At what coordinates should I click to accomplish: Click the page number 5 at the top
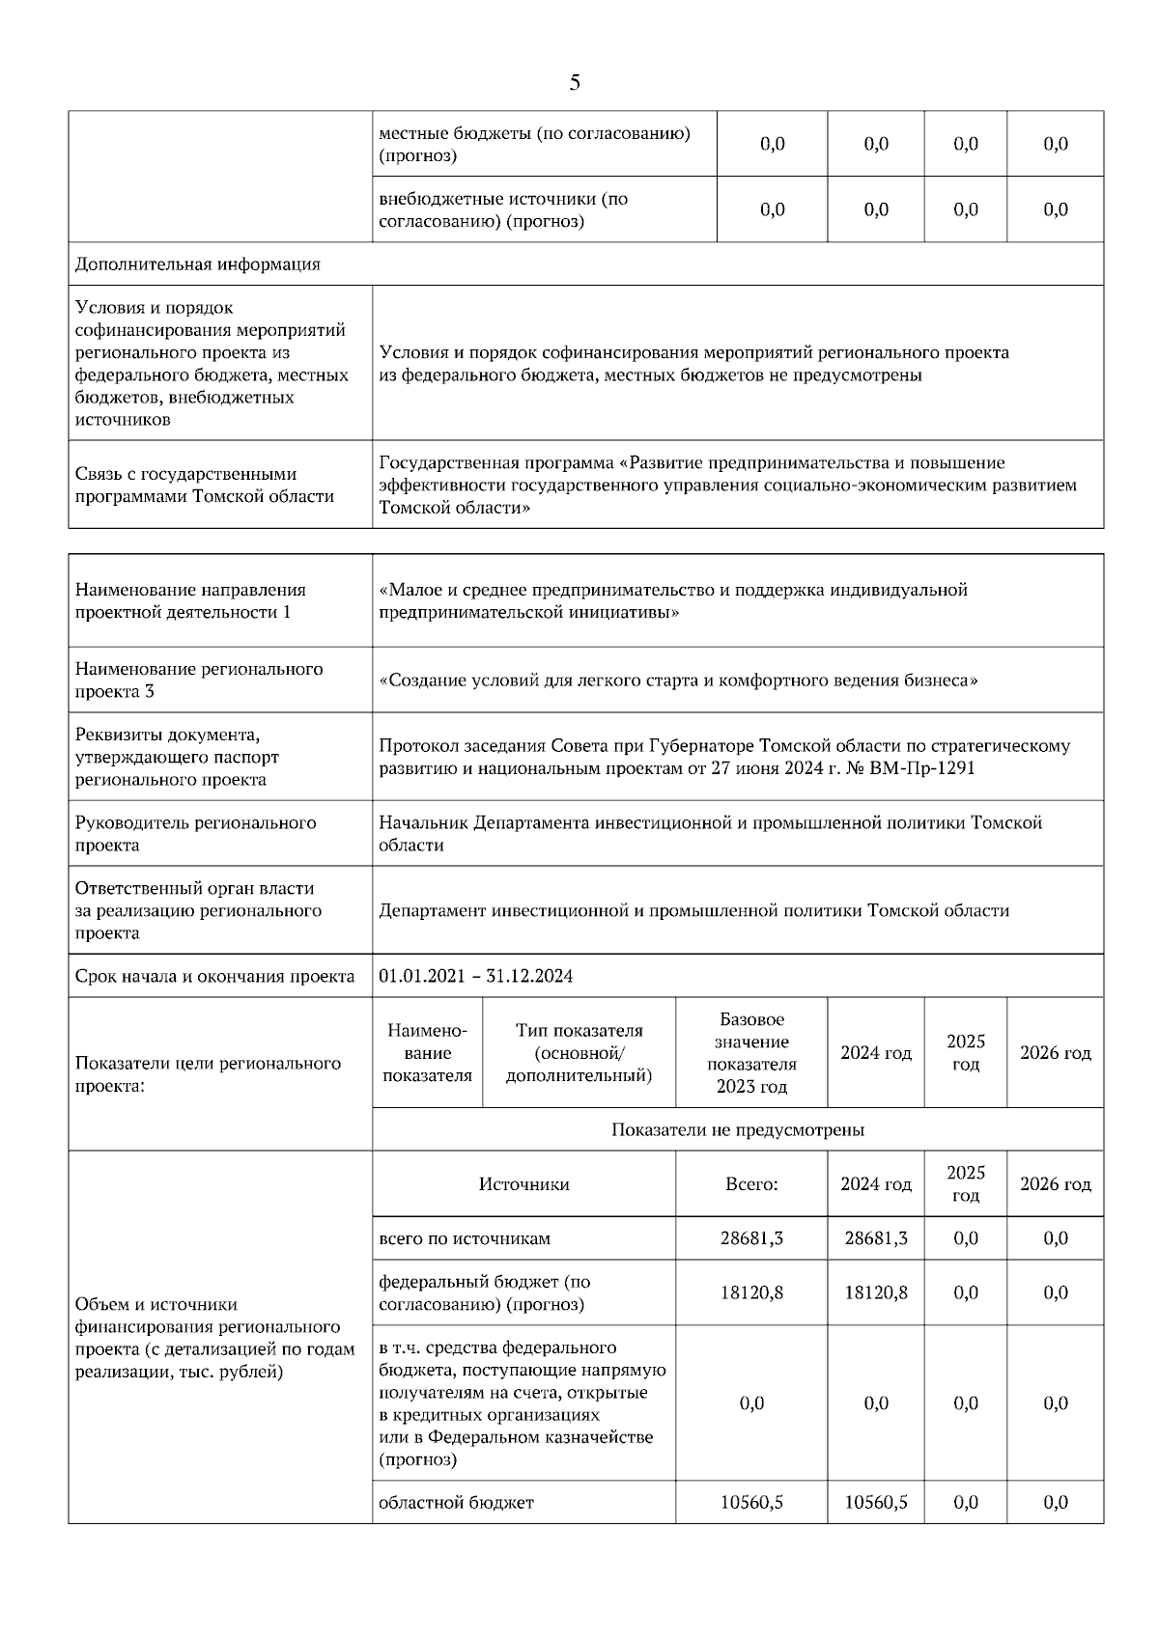point(575,83)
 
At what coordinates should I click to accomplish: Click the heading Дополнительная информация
point(198,264)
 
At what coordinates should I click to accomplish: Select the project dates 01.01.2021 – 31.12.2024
point(476,976)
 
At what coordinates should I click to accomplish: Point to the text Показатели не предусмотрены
point(737,1129)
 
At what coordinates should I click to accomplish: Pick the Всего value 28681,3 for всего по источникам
point(751,1238)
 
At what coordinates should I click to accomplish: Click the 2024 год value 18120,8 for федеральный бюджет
point(875,1292)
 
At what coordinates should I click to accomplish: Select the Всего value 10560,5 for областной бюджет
point(751,1502)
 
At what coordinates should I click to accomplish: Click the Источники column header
point(523,1184)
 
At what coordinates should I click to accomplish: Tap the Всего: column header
point(751,1184)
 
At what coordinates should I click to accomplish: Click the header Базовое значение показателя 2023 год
point(751,1053)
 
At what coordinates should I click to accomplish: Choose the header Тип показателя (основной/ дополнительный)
point(579,1053)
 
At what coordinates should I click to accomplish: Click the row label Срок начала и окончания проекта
point(215,976)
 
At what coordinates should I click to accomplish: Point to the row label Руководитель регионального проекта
point(196,834)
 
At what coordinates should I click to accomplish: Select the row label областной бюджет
point(456,1502)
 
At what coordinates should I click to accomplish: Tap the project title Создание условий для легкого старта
point(679,681)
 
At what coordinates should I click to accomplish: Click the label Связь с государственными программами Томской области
point(205,485)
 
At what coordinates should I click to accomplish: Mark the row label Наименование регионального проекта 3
point(199,680)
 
